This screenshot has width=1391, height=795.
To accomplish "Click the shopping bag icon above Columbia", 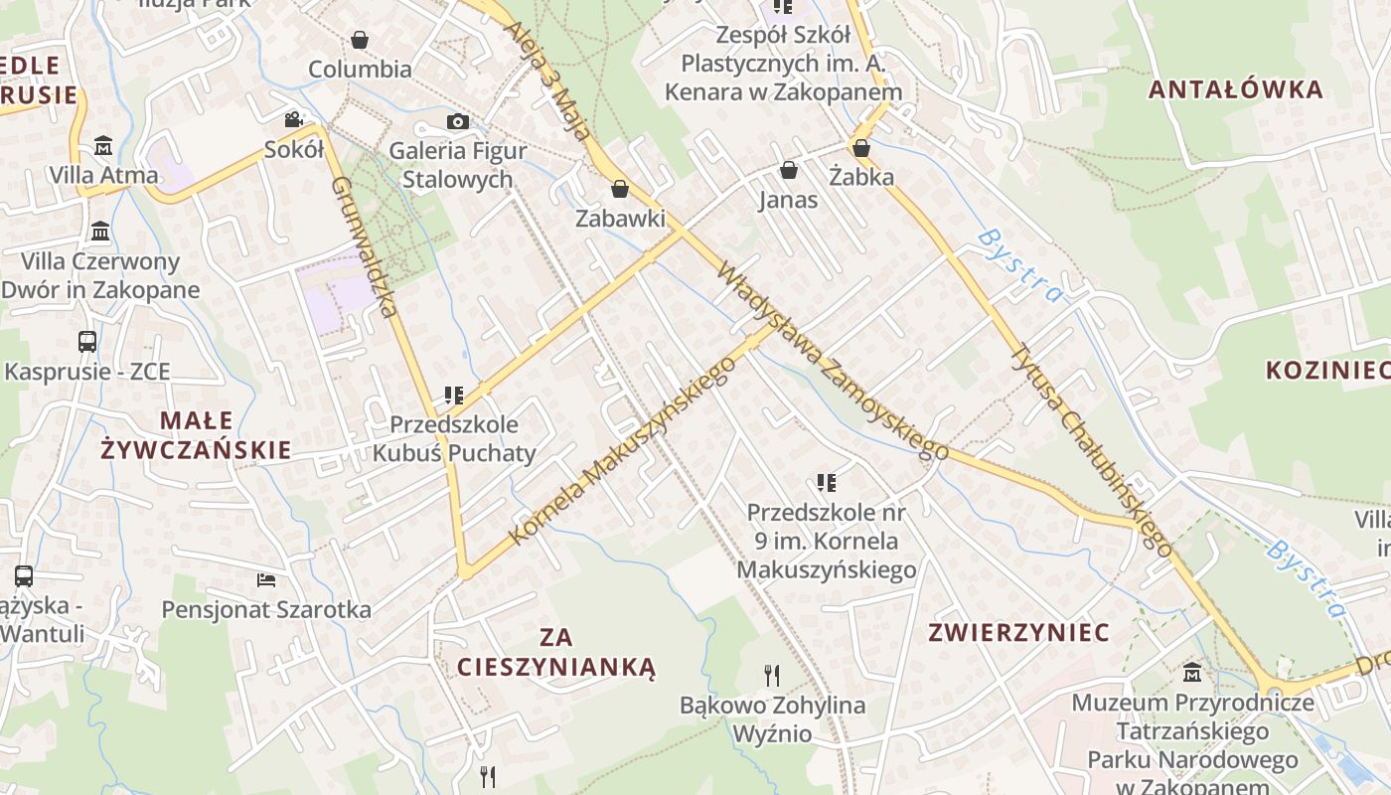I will pos(359,40).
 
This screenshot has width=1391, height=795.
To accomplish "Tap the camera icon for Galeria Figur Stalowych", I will pos(457,121).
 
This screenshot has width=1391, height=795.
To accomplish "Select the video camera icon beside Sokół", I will pos(293,119).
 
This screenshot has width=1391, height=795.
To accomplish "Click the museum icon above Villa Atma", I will pos(103,146).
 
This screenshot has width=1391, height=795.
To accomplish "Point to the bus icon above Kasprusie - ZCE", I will pos(87,342).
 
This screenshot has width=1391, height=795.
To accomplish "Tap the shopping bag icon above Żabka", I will pos(861,148).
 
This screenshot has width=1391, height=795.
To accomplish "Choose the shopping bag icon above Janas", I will pos(788,170).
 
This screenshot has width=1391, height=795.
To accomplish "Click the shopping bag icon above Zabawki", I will pos(620,189).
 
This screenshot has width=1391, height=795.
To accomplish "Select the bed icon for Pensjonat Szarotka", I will pos(265,579).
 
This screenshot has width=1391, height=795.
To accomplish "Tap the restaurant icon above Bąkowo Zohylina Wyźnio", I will pos(772,676).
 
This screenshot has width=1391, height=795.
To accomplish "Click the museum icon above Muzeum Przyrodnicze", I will pos(1192,673).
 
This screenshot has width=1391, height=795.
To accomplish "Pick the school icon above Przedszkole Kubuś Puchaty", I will pos(454,396).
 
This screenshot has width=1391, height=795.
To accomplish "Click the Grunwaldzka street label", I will pos(365,246).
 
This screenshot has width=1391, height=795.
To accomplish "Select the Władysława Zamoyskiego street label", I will pos(832,361).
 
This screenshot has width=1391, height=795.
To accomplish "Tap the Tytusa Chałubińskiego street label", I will pos(1091,449).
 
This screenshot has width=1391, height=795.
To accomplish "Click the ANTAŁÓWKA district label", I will pos(1235,89).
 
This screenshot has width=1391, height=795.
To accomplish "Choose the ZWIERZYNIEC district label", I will pos(1018,633).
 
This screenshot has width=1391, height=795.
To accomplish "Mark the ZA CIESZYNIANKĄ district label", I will pos(556,651).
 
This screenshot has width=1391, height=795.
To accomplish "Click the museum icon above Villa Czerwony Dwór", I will pos(100,233).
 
